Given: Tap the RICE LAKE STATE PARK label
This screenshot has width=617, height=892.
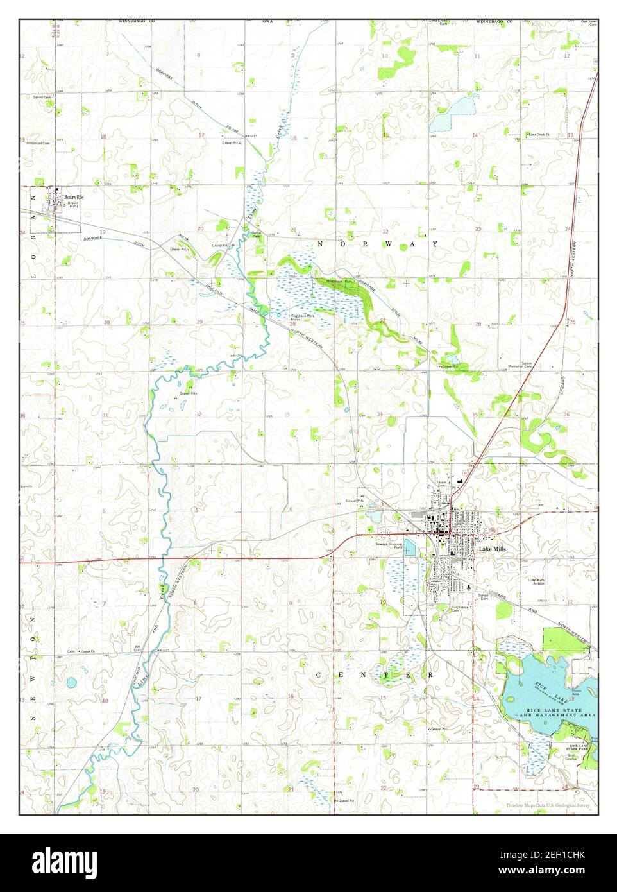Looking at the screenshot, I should [x=580, y=747].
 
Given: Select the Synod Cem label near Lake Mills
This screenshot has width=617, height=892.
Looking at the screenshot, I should [x=483, y=596].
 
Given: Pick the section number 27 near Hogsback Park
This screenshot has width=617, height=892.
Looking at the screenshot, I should [x=382, y=320].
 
